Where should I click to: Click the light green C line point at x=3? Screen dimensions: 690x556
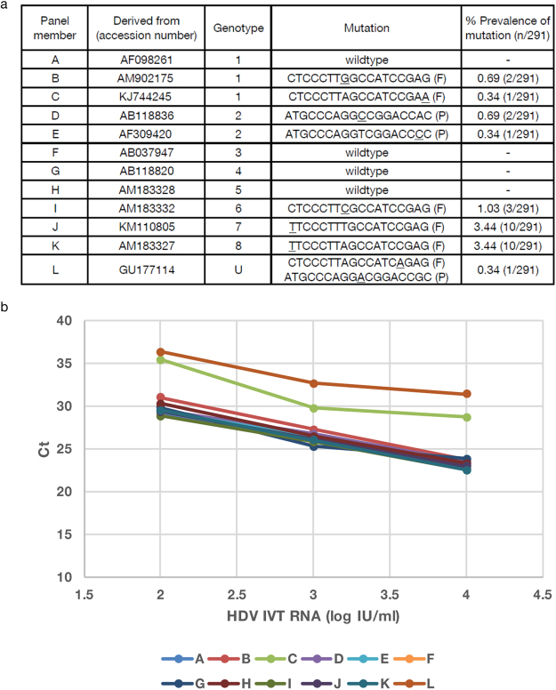[313, 408]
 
